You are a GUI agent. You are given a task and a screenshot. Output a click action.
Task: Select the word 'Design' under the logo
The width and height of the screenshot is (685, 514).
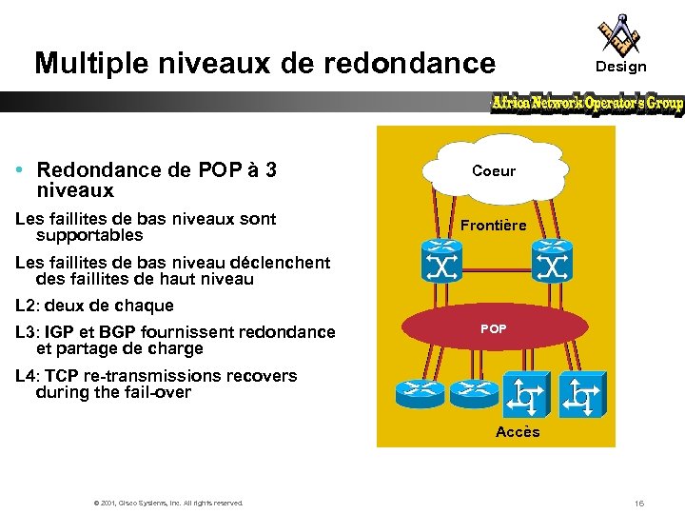click(x=620, y=67)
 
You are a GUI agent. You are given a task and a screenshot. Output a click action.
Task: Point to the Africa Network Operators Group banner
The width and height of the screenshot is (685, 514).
click(x=587, y=103)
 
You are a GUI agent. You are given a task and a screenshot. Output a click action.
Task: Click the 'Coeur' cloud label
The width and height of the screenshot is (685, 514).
click(x=494, y=171)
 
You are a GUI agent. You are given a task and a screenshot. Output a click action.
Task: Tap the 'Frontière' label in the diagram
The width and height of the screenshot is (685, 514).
click(x=494, y=226)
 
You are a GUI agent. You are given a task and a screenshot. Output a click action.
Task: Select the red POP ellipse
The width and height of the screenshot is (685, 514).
click(x=494, y=329)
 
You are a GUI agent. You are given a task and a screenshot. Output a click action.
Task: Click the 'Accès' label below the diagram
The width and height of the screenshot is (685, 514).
click(x=518, y=432)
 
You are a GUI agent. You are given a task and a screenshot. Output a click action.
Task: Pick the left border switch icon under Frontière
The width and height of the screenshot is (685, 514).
click(x=440, y=260)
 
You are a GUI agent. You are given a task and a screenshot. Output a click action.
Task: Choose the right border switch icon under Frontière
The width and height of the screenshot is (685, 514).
click(x=551, y=260)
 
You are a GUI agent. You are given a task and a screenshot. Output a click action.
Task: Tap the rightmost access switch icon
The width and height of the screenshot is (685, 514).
click(x=581, y=393)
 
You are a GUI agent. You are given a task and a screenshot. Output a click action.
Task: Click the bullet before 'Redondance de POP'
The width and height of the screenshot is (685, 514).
click(x=20, y=170)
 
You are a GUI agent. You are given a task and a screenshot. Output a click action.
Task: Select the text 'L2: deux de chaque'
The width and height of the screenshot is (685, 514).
click(x=95, y=306)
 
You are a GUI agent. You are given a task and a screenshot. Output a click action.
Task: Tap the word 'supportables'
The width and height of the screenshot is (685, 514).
click(x=89, y=235)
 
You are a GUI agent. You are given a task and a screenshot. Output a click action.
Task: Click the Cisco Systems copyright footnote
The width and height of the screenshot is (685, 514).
click(x=167, y=503)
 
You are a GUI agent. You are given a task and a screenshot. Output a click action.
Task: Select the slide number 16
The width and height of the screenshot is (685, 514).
click(x=639, y=502)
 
